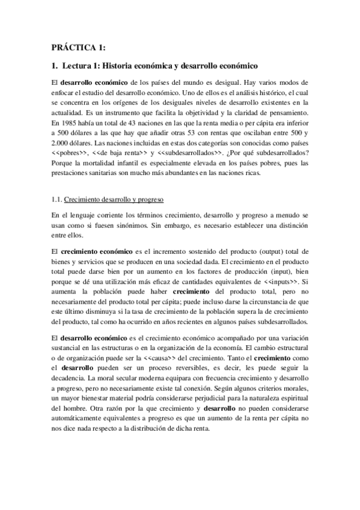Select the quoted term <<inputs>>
285,272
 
